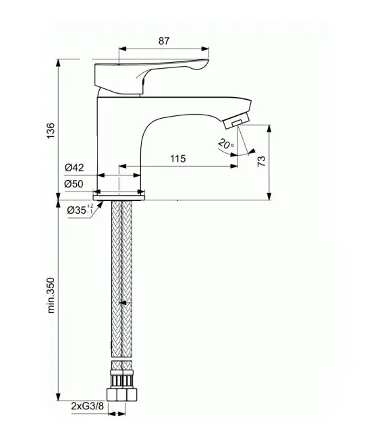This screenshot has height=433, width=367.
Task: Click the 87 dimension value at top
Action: [x=163, y=41]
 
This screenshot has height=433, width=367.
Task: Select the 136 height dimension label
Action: [x=51, y=131]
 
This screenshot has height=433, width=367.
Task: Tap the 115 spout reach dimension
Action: [x=178, y=158]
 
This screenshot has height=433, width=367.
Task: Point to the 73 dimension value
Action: [x=261, y=161]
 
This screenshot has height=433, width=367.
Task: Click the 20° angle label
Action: [x=226, y=144]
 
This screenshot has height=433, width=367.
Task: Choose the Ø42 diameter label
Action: [x=74, y=167]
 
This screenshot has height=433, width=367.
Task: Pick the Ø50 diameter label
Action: [x=74, y=183]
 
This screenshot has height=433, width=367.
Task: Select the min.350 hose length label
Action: [x=51, y=295]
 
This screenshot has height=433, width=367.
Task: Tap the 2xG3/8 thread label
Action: [x=88, y=406]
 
